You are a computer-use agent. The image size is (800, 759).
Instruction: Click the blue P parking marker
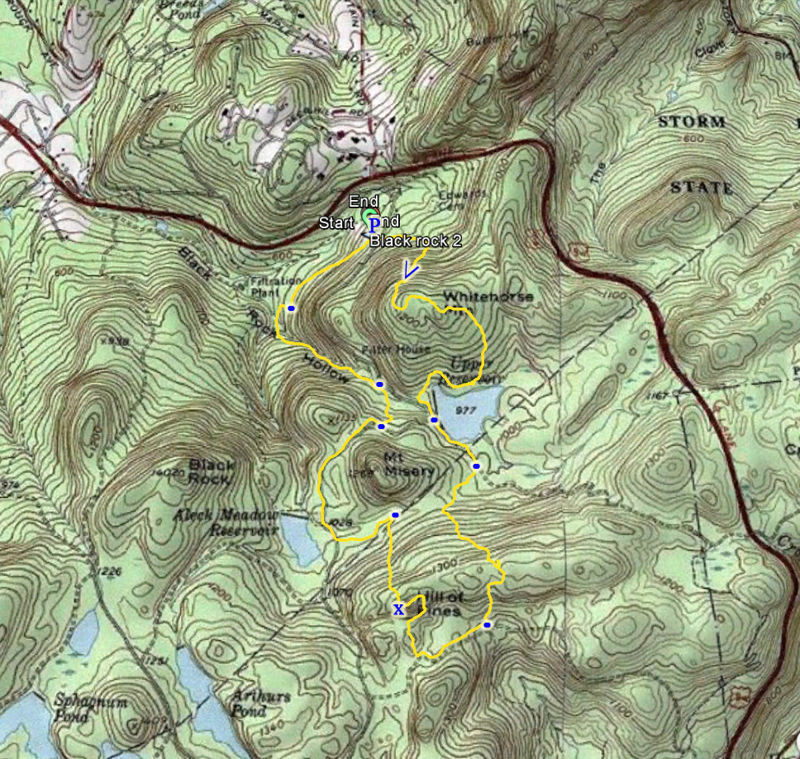pyautogui.click(x=374, y=223)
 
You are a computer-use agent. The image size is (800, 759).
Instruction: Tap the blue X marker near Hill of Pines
pyautogui.click(x=398, y=610)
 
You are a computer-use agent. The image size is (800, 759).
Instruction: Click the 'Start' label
pyautogui.click(x=336, y=223)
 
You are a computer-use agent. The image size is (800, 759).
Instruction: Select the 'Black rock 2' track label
pyautogui.click(x=414, y=241)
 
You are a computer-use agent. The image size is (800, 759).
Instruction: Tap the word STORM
pyautogui.click(x=692, y=122)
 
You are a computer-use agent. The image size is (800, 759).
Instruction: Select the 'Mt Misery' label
pyautogui.click(x=408, y=464)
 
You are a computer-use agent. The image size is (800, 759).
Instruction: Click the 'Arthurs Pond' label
pyautogui.click(x=261, y=702)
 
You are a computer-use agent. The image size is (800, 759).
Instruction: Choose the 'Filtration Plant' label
pyautogui.click(x=274, y=286)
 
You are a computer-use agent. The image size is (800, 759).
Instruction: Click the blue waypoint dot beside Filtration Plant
pyautogui.click(x=291, y=308)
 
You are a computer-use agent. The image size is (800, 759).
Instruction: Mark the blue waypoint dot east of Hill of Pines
pyautogui.click(x=488, y=625)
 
